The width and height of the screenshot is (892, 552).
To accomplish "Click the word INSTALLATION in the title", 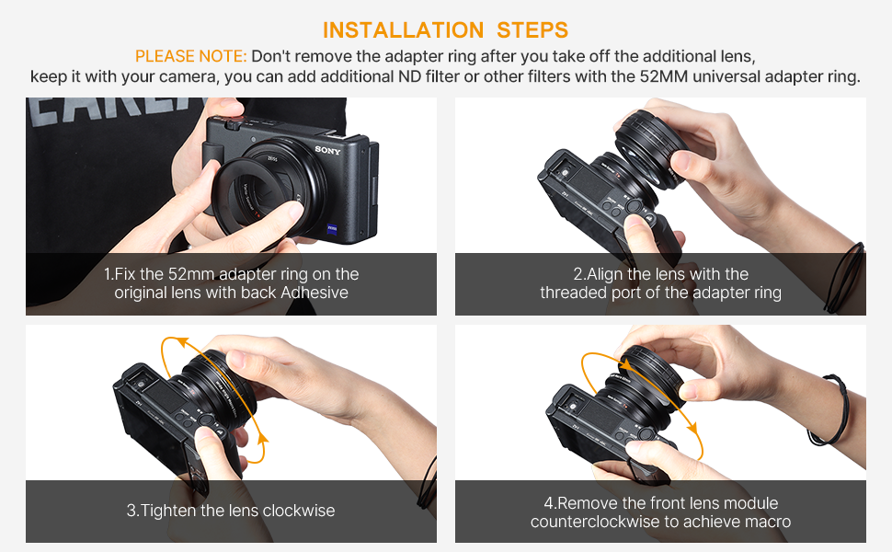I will pos(397,29).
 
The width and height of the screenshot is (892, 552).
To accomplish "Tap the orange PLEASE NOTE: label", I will pos(190,56).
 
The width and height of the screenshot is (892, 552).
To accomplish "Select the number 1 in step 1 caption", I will pos(108,274).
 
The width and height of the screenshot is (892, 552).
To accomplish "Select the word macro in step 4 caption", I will pos(768,522).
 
